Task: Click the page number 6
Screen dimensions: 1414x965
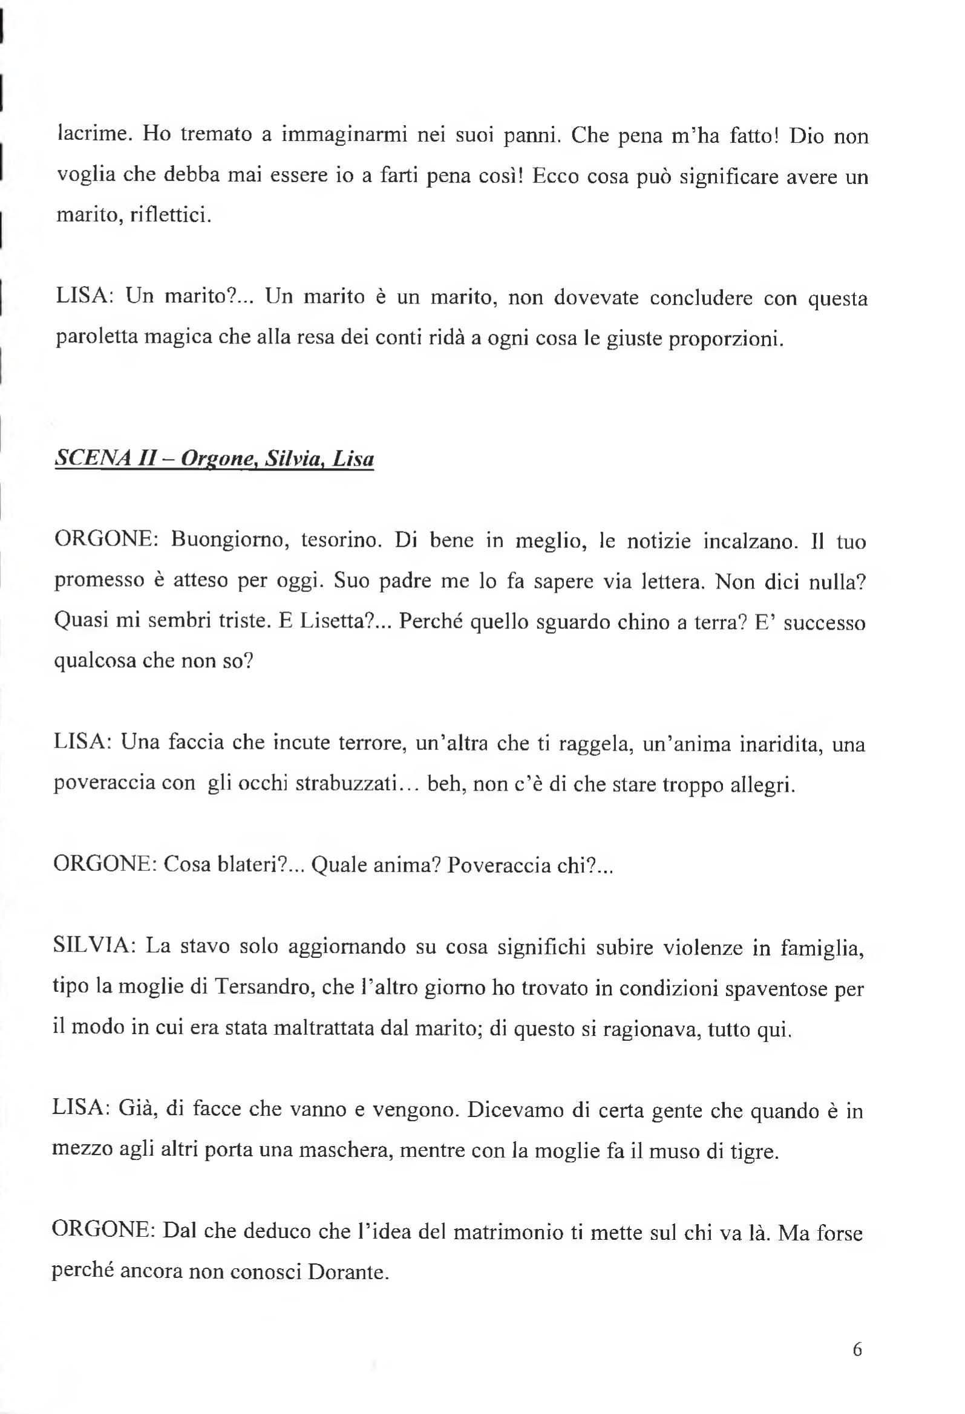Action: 857,1349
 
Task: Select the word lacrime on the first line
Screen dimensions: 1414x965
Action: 94,134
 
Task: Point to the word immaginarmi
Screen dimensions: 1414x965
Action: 344,134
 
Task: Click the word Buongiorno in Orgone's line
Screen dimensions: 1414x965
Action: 228,540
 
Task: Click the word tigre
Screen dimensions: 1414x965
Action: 754,1150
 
